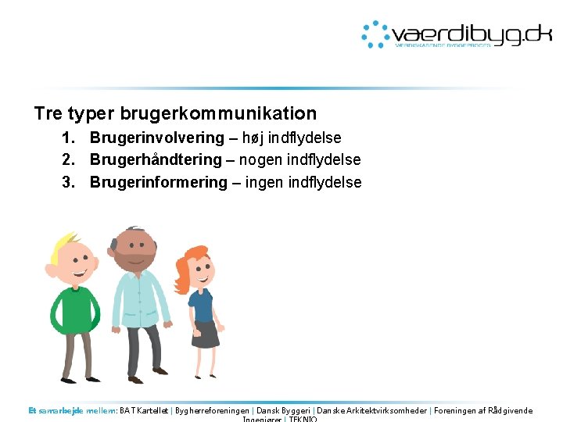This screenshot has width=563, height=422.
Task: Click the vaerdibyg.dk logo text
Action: pos(472,34)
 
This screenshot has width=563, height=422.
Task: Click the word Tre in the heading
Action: pos(48,113)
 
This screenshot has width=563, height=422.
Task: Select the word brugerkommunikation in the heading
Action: pos(218,113)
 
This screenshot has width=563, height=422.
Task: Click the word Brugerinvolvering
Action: pos(156,138)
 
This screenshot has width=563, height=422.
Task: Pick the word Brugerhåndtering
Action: pos(156,159)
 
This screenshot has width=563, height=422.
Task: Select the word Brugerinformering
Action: pos(158,182)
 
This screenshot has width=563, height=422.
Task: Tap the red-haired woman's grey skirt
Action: pos(206,334)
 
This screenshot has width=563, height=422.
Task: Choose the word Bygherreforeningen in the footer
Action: pos(213,410)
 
